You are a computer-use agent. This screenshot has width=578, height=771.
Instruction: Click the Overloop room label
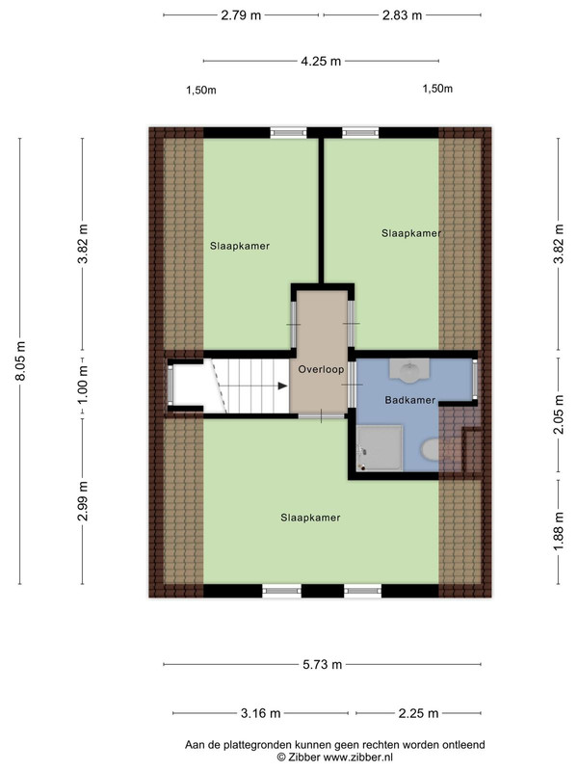click(321, 369)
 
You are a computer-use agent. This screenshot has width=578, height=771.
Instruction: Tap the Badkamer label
click(410, 400)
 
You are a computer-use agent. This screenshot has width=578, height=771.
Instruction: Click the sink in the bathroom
click(409, 370)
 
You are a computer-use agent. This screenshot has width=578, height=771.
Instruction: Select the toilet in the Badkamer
click(431, 450)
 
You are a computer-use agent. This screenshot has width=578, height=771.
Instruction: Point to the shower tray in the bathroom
click(380, 448)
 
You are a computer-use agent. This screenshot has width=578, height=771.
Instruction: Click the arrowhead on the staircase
click(282, 386)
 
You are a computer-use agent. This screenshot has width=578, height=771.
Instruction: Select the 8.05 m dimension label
click(20, 360)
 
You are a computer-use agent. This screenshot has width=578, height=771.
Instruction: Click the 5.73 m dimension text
click(322, 665)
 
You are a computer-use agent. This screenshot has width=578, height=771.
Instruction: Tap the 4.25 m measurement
click(321, 62)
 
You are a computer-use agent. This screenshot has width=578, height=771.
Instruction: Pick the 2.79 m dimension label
click(241, 15)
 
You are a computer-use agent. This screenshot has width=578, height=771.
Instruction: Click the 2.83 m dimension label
click(402, 15)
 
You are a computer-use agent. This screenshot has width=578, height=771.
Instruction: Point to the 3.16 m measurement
click(260, 713)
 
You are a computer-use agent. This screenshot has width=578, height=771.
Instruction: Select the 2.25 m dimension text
click(418, 713)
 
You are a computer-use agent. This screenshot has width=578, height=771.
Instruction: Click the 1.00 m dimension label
click(83, 385)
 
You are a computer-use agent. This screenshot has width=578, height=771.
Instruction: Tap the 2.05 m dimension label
click(559, 415)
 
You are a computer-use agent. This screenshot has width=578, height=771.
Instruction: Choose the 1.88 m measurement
click(559, 532)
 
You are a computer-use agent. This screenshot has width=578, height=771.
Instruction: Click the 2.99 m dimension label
click(83, 500)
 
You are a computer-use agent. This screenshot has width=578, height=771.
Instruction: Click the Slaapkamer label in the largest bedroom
click(310, 518)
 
